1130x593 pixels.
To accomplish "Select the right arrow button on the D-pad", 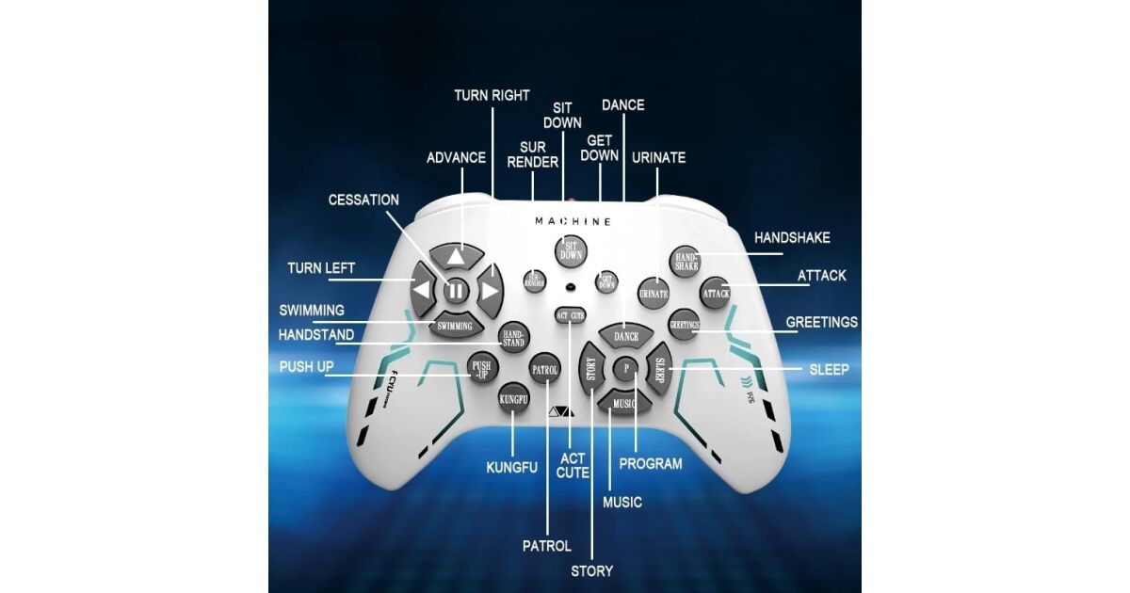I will [489, 290].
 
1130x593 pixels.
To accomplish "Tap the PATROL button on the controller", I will [544, 370].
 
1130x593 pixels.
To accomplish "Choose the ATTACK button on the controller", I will [716, 294].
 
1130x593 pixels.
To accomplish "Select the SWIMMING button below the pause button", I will [456, 326].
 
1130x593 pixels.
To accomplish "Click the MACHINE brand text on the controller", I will [573, 221].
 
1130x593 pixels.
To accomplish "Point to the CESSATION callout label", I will [363, 200].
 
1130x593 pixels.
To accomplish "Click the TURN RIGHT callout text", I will [492, 95].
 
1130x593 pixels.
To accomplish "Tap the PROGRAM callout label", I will [650, 463].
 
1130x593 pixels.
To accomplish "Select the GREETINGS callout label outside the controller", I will [822, 322].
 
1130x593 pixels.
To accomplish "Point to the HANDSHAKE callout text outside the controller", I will [792, 238].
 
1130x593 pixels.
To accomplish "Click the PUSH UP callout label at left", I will [306, 366].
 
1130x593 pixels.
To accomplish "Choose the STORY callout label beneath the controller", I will [591, 570].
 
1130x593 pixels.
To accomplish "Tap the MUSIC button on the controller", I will [624, 403].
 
